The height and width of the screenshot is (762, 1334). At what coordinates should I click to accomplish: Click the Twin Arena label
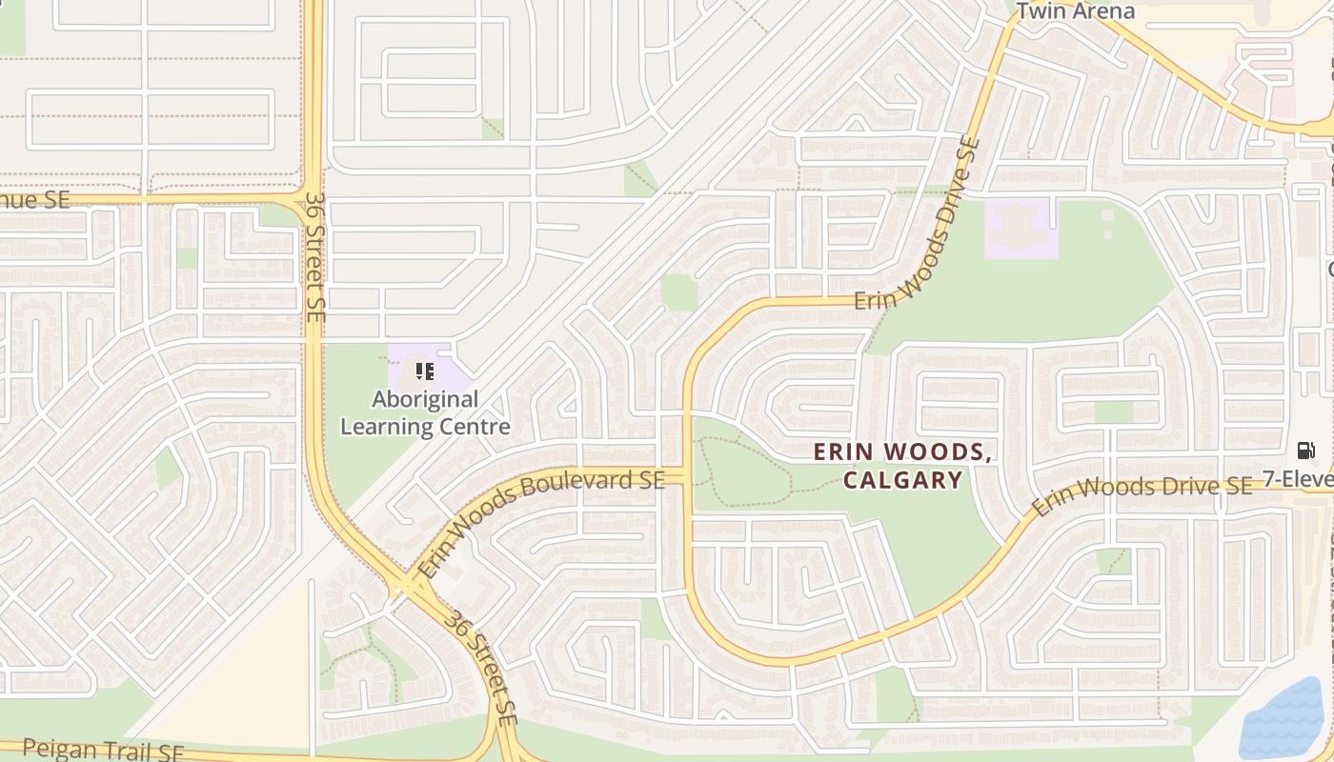[x=1076, y=11]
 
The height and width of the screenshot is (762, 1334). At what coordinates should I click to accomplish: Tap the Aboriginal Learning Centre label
[x=425, y=412]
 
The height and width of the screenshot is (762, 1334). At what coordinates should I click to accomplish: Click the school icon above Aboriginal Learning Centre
[x=425, y=370]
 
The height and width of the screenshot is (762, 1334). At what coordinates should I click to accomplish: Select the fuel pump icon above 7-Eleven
[x=1305, y=450]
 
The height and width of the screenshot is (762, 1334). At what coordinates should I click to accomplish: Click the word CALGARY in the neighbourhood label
[x=902, y=479]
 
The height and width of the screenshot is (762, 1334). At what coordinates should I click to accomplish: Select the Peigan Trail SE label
[x=103, y=750]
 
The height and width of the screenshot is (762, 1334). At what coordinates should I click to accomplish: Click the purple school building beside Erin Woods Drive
[x=1021, y=228]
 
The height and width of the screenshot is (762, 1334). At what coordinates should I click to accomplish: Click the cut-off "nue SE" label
[x=35, y=199]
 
